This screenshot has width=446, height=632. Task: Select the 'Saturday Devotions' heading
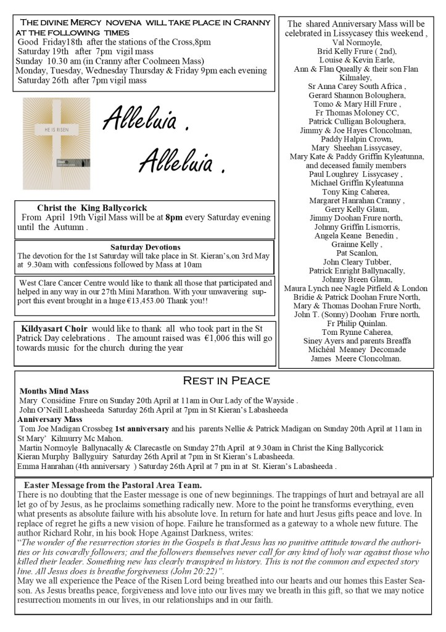(x=145, y=247)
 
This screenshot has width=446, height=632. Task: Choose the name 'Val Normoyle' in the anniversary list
(x=357, y=43)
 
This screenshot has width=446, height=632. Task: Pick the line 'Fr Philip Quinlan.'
(x=357, y=323)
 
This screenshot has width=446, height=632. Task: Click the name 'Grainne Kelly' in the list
(x=356, y=244)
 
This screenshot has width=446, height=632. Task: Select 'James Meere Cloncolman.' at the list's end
(x=357, y=358)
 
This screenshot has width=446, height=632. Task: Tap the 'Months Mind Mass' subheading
(x=54, y=391)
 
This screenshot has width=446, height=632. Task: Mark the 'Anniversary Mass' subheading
(x=50, y=419)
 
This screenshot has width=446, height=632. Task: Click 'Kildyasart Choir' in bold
(x=54, y=328)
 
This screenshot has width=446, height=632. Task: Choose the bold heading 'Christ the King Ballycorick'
(x=92, y=208)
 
